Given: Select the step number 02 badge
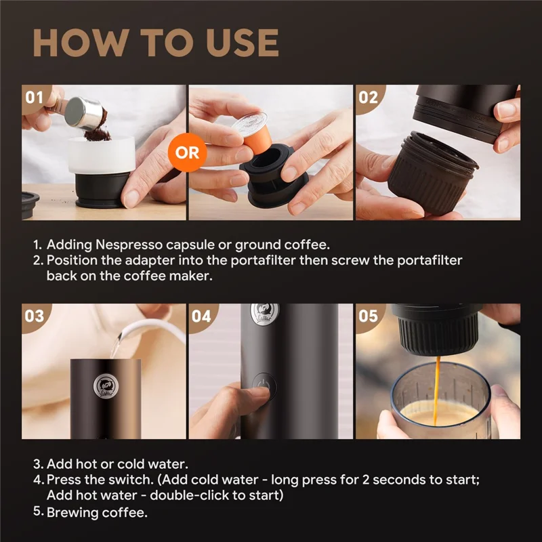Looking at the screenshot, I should click(368, 97).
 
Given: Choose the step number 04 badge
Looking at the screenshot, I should click(201, 316).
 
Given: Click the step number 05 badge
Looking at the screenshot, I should click(368, 316).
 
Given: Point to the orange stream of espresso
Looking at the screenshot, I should click(437, 379).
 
